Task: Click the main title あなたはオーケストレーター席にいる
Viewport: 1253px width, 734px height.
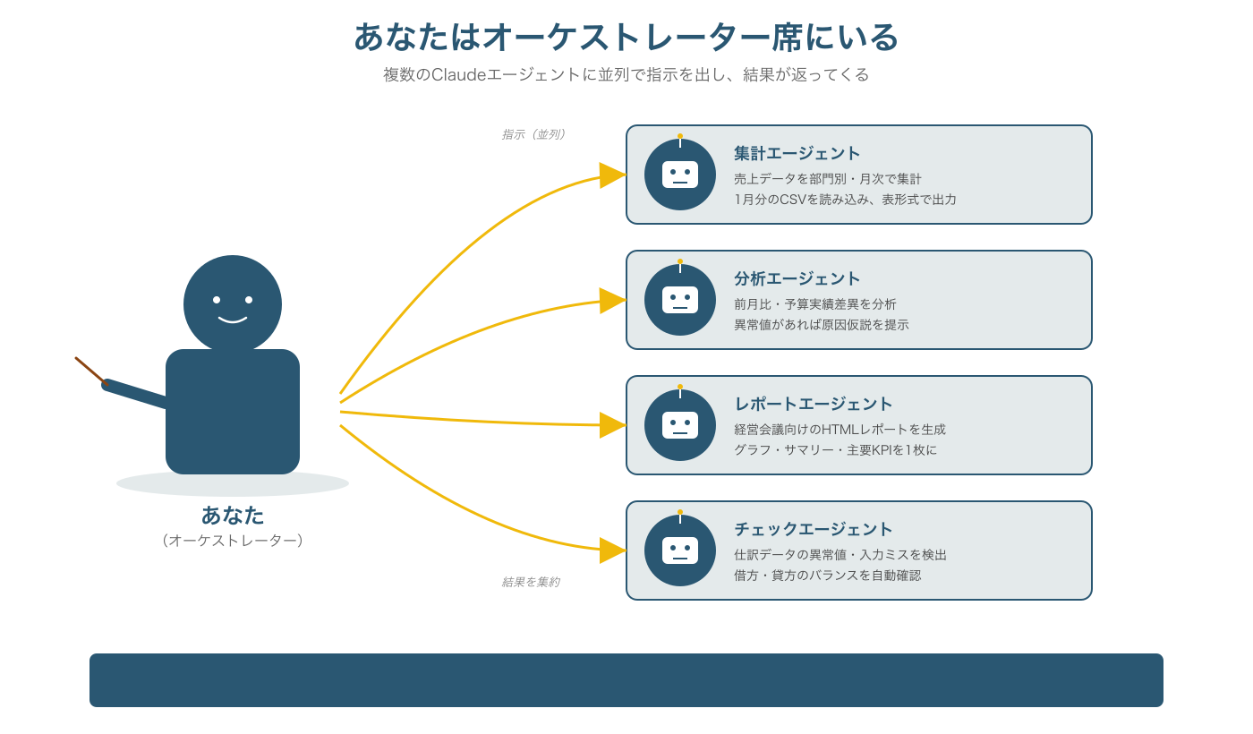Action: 626,38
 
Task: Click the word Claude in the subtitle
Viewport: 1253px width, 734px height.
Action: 458,75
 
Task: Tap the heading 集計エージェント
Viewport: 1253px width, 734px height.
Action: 797,153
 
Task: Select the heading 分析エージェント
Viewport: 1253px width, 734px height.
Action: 797,278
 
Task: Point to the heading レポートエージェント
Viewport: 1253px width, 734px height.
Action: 813,404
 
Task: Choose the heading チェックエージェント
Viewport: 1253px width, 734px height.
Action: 813,529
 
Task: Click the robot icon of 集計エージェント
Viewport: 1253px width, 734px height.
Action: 680,175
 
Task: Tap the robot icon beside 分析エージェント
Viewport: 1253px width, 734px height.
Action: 680,300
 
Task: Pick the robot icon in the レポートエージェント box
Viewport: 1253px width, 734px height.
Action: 680,425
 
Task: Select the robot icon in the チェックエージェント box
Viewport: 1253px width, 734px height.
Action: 680,550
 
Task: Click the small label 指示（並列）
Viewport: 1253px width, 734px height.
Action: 533,134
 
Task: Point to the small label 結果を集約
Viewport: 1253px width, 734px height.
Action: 530,582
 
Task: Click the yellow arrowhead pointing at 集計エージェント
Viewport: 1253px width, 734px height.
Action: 611,175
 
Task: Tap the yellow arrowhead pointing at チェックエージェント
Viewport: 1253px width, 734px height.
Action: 611,550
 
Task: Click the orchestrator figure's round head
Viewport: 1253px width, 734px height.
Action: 233,304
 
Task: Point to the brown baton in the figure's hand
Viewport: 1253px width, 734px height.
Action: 89,370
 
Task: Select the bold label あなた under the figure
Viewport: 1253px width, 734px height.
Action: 233,516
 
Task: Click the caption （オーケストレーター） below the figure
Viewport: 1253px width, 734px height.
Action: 233,541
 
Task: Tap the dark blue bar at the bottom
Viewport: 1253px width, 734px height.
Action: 626,680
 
